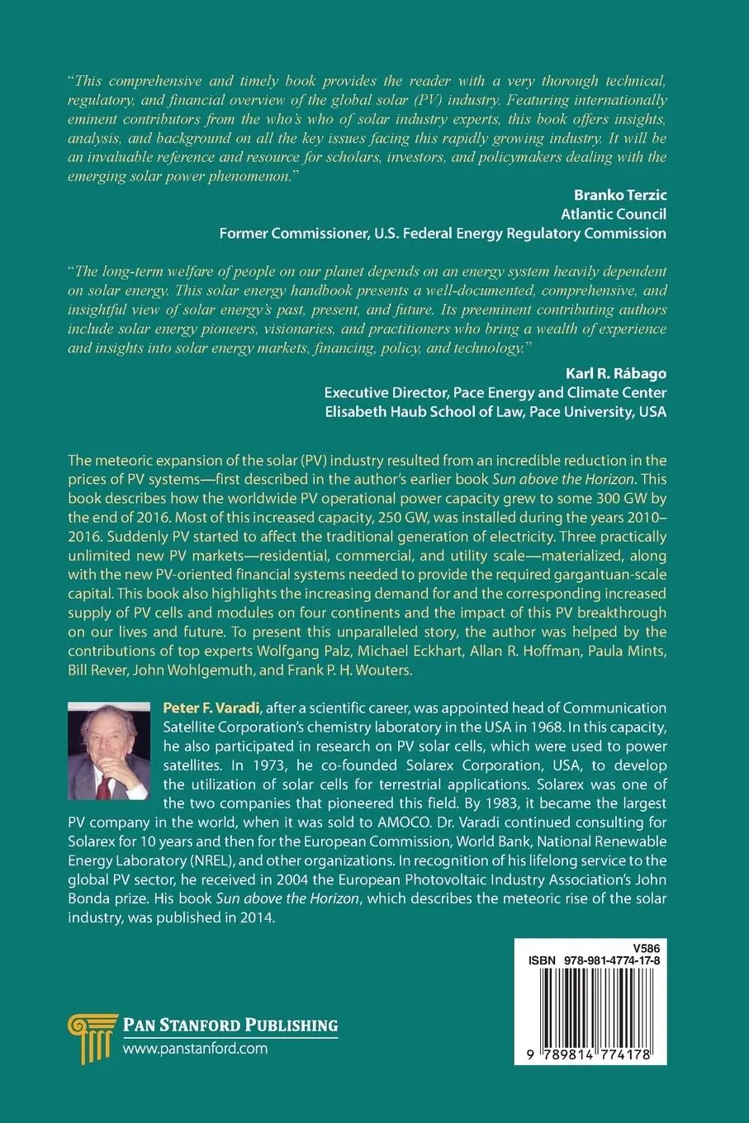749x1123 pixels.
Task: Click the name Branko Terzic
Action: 619,195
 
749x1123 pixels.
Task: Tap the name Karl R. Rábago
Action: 615,373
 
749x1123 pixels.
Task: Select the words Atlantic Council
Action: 613,214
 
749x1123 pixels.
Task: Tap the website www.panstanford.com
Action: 195,1049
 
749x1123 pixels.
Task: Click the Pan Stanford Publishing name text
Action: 230,1026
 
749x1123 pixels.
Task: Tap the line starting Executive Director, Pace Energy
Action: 495,392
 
